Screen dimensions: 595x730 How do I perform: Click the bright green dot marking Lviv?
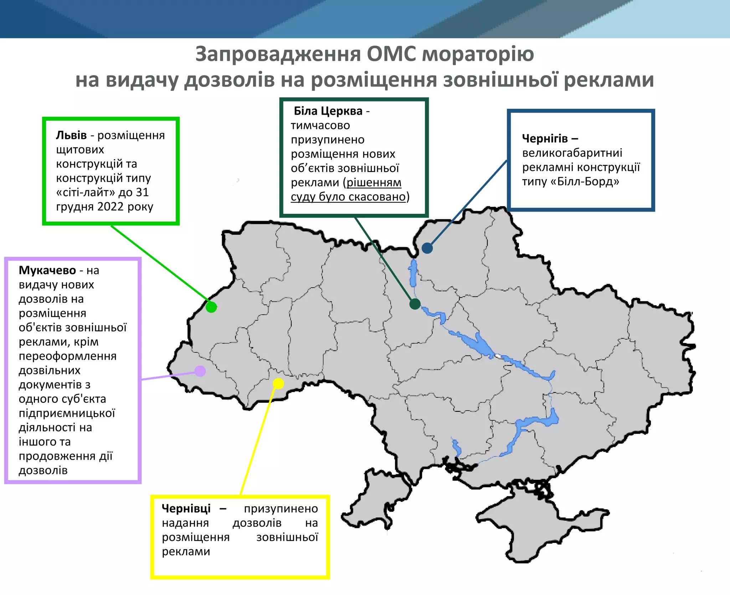(x=211, y=307)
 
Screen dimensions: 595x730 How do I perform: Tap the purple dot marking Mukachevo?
(x=200, y=371)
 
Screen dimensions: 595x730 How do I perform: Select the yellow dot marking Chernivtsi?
(x=278, y=383)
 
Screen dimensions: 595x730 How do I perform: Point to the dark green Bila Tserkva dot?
(x=415, y=304)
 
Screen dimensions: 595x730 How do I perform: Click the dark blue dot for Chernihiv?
(x=427, y=248)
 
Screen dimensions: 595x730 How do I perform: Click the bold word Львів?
(x=71, y=135)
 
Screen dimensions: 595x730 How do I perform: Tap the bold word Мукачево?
(x=47, y=270)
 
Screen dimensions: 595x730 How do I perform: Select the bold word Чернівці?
(x=186, y=508)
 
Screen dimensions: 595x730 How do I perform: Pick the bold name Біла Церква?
(x=328, y=111)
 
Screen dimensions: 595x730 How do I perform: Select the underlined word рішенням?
(x=374, y=182)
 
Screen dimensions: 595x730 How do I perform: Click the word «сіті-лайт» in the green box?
(x=86, y=192)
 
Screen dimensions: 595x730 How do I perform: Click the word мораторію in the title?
(x=478, y=54)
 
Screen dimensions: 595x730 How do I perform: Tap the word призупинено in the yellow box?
(x=281, y=508)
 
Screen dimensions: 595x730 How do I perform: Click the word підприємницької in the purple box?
(x=67, y=413)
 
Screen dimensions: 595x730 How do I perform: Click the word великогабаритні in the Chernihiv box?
(x=572, y=153)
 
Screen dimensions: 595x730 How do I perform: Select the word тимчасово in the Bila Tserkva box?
(x=320, y=125)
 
